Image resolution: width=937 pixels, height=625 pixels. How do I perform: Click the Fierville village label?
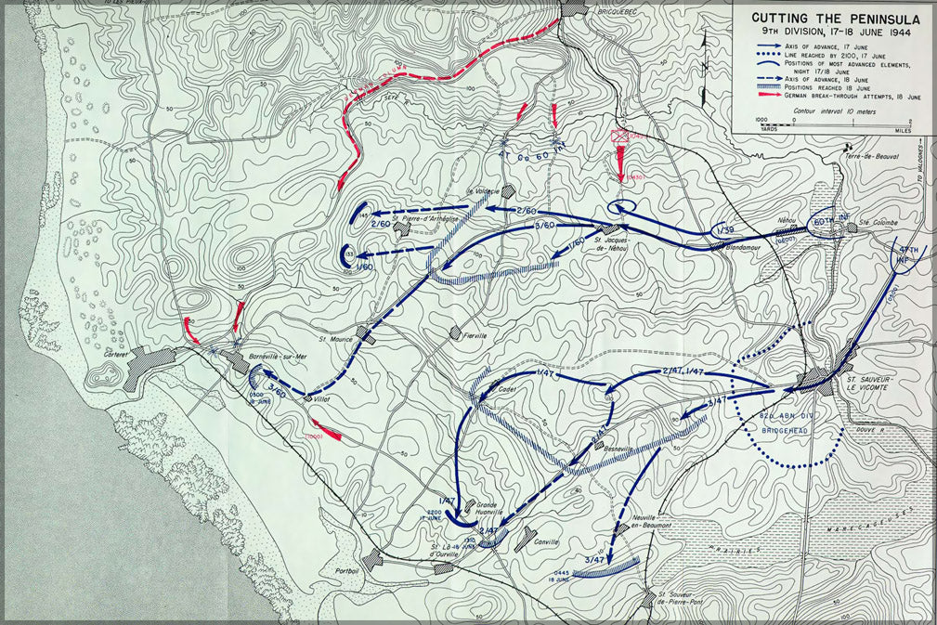pos(475,335)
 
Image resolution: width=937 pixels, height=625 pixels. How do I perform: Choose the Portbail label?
pos(348,569)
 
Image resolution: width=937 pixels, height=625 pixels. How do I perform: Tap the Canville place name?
pos(546,541)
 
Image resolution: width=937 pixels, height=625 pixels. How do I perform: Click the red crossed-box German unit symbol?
pos(620,137)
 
